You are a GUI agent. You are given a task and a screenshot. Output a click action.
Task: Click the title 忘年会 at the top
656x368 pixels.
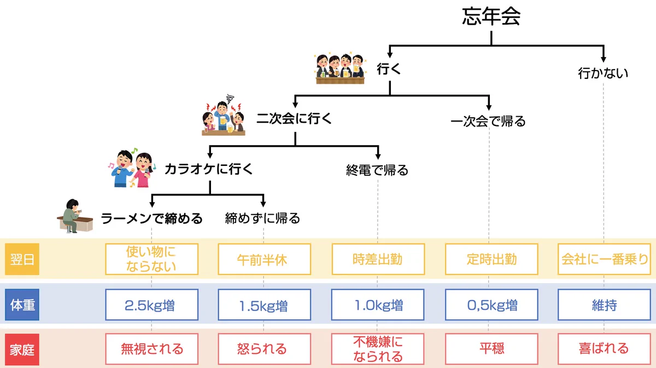tap(491, 17)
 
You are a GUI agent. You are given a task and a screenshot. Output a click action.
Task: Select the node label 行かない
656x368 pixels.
tap(603, 73)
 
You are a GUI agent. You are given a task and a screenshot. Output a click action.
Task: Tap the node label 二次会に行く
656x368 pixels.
tap(295, 118)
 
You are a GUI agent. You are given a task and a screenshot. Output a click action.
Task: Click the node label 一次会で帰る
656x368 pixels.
tap(488, 121)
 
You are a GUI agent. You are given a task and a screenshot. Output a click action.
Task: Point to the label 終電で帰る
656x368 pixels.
tap(377, 170)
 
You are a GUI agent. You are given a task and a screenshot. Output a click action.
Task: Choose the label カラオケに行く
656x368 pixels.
tap(209, 169)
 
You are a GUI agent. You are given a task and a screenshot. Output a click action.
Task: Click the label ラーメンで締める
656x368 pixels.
tap(151, 219)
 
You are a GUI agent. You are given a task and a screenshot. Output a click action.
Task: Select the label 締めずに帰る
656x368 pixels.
tap(263, 219)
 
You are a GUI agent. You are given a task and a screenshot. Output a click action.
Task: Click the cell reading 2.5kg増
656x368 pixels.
tap(151, 305)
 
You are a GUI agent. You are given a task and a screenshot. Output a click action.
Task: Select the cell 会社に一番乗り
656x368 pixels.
tap(604, 259)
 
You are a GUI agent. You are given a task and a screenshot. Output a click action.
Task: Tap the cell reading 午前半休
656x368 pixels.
tap(264, 259)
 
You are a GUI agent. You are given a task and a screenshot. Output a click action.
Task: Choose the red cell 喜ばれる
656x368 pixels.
tap(604, 348)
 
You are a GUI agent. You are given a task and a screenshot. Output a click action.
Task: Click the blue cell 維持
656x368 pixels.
tap(604, 305)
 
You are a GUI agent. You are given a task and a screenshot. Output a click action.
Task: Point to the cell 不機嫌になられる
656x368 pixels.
tap(378, 349)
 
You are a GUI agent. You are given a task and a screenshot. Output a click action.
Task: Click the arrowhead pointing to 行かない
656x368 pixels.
tap(604, 58)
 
